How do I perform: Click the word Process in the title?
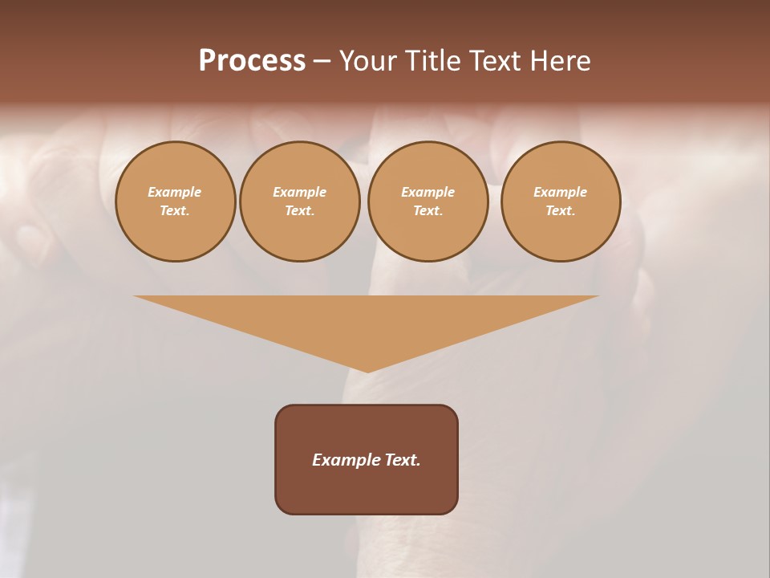pyautogui.click(x=252, y=61)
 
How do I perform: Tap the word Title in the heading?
pyautogui.click(x=433, y=61)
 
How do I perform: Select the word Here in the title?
pyautogui.click(x=561, y=61)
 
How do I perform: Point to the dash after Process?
pyautogui.click(x=322, y=62)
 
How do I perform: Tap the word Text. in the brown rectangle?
pyautogui.click(x=402, y=460)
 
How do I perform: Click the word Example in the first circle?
pyautogui.click(x=175, y=192)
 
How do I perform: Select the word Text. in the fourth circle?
pyautogui.click(x=561, y=210)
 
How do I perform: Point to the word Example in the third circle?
pyautogui.click(x=428, y=192)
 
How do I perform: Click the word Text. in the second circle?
pyautogui.click(x=300, y=210)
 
